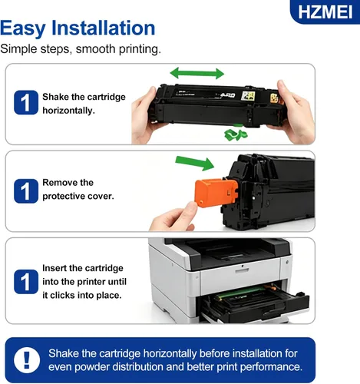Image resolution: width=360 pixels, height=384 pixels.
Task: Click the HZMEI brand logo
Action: point(325,12)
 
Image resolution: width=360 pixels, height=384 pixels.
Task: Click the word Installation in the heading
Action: point(104,28)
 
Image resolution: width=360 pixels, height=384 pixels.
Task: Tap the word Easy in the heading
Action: point(23,29)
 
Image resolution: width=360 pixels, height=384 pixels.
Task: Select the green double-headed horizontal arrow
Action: point(197,74)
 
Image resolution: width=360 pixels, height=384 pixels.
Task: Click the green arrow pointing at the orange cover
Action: point(195,163)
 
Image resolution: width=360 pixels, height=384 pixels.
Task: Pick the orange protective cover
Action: point(216,194)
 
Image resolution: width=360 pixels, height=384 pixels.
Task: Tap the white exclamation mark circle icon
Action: point(27,360)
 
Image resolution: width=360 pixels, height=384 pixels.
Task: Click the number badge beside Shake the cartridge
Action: point(26,102)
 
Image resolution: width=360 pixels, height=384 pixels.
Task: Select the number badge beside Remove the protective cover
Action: point(26,191)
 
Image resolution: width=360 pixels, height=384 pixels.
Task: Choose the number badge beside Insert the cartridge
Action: point(26,282)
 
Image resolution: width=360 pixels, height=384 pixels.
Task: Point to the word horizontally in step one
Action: point(68,111)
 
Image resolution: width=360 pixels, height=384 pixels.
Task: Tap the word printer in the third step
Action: point(91,282)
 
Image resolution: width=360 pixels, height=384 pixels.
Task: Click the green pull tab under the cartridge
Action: point(236,134)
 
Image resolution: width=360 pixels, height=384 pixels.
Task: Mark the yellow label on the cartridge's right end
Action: point(274,98)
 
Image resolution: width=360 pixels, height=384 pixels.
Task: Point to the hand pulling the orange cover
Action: point(174,217)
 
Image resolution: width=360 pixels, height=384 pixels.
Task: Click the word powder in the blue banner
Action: point(92,367)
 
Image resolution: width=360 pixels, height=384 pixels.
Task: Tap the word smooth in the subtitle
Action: point(95,48)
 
